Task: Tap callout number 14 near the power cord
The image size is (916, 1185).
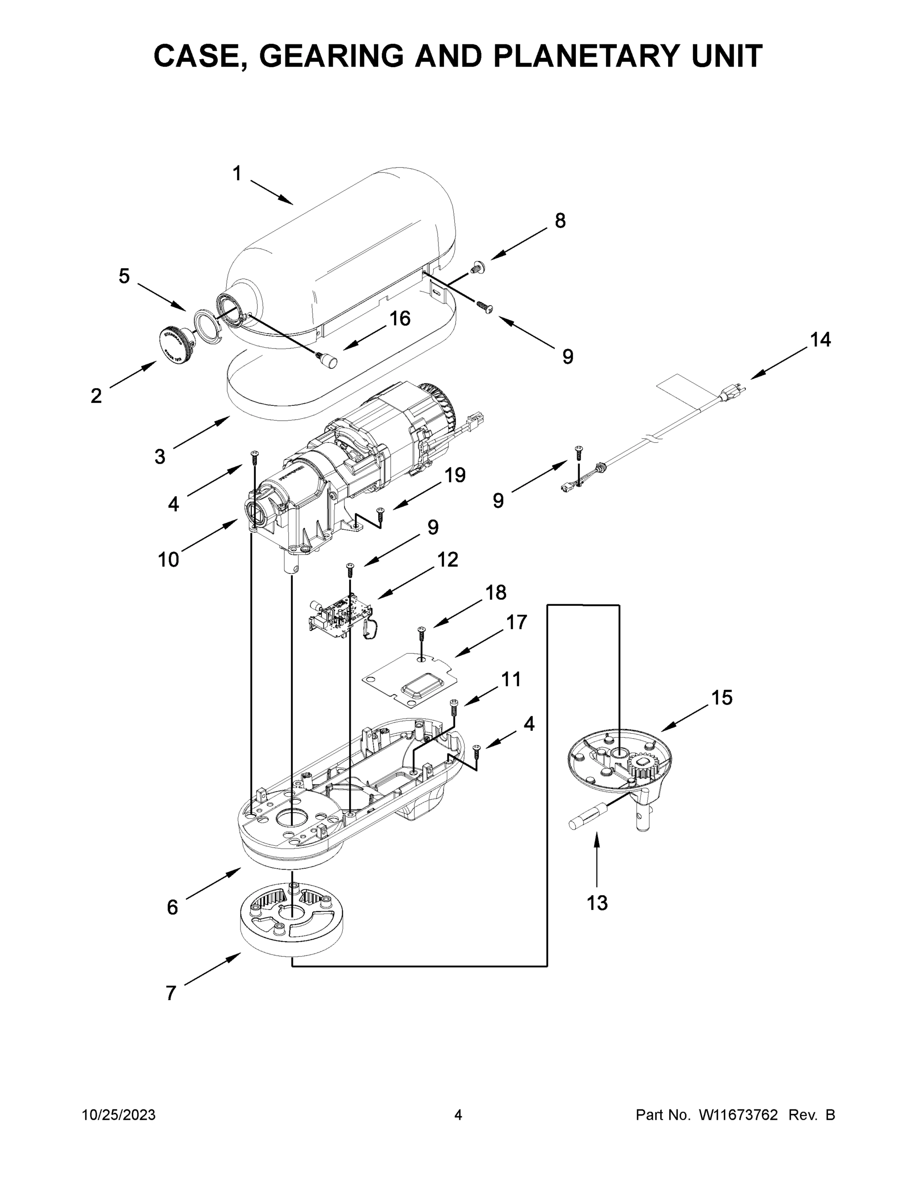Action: [x=820, y=340]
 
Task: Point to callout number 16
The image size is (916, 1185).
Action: [x=400, y=318]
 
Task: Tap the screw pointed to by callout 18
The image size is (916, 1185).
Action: [x=421, y=632]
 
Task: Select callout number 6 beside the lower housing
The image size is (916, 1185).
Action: [x=172, y=907]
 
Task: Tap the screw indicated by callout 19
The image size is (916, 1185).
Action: [x=380, y=512]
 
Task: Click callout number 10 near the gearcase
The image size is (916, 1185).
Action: [x=168, y=559]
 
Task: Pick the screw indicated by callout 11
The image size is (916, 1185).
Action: [x=454, y=706]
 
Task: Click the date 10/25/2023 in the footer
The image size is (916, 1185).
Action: [x=119, y=1114]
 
